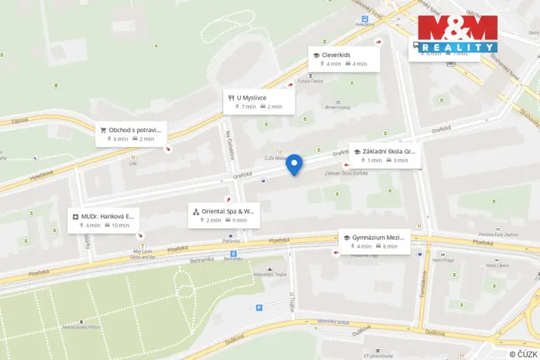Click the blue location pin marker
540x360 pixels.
[x=294, y=164]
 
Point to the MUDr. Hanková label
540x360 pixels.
[x=108, y=216]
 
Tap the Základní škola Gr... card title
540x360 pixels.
[x=388, y=152]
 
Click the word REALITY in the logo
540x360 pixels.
[x=458, y=47]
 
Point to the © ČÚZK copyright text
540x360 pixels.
[x=522, y=353]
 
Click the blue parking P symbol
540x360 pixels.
[x=258, y=307]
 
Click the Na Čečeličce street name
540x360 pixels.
[x=229, y=145]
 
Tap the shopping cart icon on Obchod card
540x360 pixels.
[x=103, y=130]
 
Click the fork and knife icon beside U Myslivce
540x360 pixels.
[x=230, y=98]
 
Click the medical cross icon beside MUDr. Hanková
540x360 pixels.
[x=75, y=216]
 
